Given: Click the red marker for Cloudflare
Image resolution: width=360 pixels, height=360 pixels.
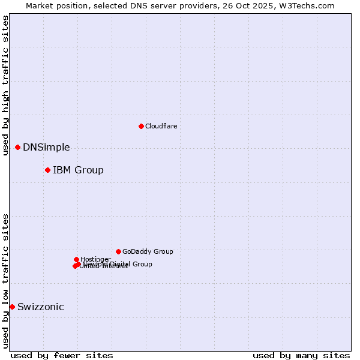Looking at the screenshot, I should [x=141, y=126].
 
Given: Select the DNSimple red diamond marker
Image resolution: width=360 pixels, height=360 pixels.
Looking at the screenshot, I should [x=17, y=147].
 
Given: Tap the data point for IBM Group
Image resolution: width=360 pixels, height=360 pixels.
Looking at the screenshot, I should [x=47, y=170].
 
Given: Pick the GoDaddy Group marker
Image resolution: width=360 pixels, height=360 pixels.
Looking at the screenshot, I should [x=118, y=251].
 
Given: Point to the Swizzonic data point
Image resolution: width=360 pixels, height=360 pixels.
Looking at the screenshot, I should [x=12, y=307].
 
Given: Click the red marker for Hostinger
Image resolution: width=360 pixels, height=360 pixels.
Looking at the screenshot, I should [x=76, y=259].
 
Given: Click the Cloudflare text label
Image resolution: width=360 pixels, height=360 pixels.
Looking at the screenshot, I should [x=161, y=126].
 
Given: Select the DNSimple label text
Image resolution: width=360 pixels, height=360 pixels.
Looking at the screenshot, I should [x=46, y=148].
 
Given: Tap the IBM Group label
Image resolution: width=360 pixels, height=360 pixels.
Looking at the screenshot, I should [x=78, y=170].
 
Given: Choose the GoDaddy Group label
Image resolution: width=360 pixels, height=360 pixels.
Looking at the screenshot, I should [x=148, y=252].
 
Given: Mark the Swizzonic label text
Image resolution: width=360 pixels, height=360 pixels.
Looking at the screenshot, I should [x=40, y=307].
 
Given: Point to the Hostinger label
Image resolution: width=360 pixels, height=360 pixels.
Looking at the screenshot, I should [x=95, y=259].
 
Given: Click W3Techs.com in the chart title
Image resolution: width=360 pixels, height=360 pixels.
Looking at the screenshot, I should [x=309, y=5].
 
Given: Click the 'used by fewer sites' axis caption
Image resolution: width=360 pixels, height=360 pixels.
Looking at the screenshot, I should [x=62, y=356].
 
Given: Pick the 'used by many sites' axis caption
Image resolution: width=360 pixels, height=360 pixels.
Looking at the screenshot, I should [x=301, y=356].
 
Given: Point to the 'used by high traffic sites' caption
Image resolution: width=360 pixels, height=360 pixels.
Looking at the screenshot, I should [x=5, y=85].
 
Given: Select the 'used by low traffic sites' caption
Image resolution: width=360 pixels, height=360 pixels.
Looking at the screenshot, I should [x=5, y=281].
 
